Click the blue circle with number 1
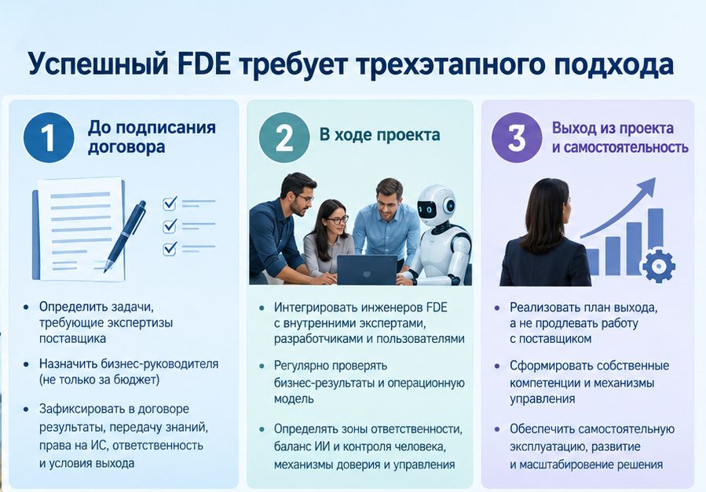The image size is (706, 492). (x=49, y=137)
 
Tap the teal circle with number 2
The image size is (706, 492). (x=284, y=137)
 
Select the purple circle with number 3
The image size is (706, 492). (x=517, y=137)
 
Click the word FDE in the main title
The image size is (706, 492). (x=204, y=64)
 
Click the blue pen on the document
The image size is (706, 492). (x=125, y=236)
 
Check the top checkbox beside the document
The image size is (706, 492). (x=170, y=204)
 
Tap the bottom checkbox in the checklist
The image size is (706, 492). (x=170, y=249)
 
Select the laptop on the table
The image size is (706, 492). (x=367, y=270)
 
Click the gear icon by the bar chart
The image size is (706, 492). (x=658, y=266)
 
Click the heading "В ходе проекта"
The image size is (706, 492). (x=379, y=134)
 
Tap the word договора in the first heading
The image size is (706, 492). (x=126, y=147)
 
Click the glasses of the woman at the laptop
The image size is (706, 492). (x=337, y=220)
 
